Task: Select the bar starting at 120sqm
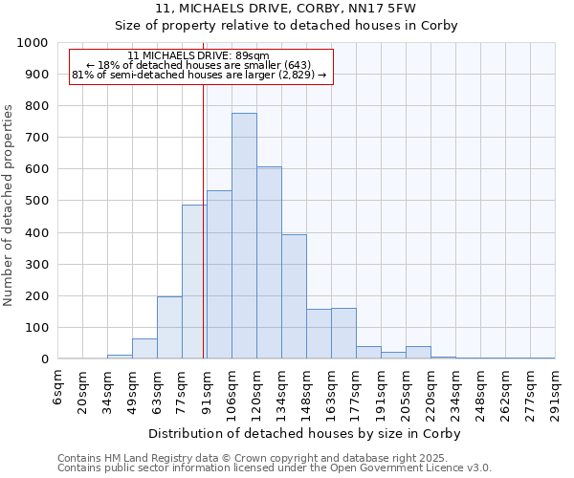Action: point(269,263)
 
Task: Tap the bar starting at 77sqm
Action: point(194,282)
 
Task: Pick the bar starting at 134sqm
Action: point(294,296)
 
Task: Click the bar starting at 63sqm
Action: point(169,328)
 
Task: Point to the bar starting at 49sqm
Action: point(144,349)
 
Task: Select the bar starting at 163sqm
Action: point(343,334)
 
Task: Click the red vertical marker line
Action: point(204,220)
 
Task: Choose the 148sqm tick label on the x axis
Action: point(307,394)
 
